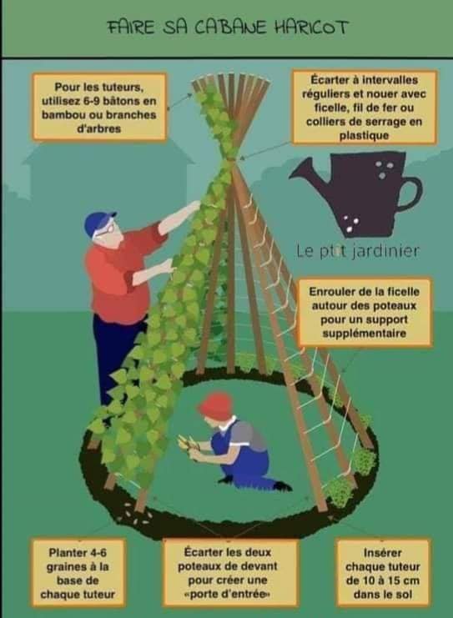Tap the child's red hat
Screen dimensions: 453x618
214,405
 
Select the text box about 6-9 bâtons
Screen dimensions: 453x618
99,107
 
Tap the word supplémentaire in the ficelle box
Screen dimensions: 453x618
365,334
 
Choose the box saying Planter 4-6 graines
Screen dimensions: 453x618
78,573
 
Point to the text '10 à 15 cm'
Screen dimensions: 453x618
382,580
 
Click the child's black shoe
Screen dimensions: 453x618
281,485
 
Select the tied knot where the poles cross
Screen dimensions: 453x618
230,158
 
